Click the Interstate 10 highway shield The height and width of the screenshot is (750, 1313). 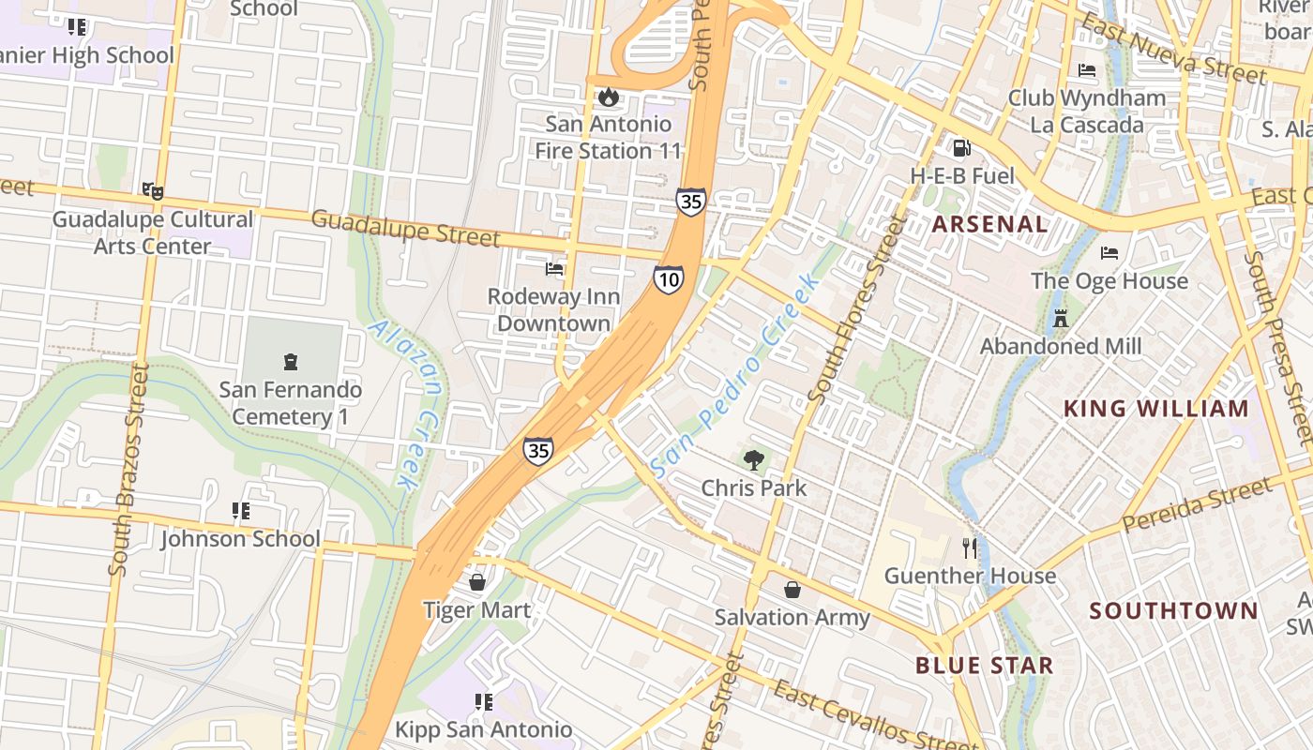tap(669, 279)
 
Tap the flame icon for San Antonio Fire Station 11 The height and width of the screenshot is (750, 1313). tap(608, 97)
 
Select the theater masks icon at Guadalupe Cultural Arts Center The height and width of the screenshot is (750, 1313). tap(153, 191)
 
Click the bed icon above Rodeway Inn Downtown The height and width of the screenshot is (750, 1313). tap(554, 269)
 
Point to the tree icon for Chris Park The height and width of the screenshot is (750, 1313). tap(753, 459)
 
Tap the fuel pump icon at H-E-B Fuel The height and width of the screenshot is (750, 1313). tap(961, 147)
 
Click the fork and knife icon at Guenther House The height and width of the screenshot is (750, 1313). tap(970, 547)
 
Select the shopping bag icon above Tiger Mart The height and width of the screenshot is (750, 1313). tap(477, 582)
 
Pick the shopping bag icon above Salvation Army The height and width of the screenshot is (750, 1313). tap(792, 589)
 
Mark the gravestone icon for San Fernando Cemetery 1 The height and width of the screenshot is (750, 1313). tap(291, 361)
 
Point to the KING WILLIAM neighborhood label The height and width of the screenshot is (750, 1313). tap(1156, 409)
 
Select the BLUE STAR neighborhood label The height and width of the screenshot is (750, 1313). tap(984, 666)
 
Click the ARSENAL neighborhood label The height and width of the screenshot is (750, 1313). tap(989, 224)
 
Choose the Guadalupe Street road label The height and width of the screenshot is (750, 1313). tap(405, 229)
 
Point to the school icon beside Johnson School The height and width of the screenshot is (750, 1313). tap(241, 511)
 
